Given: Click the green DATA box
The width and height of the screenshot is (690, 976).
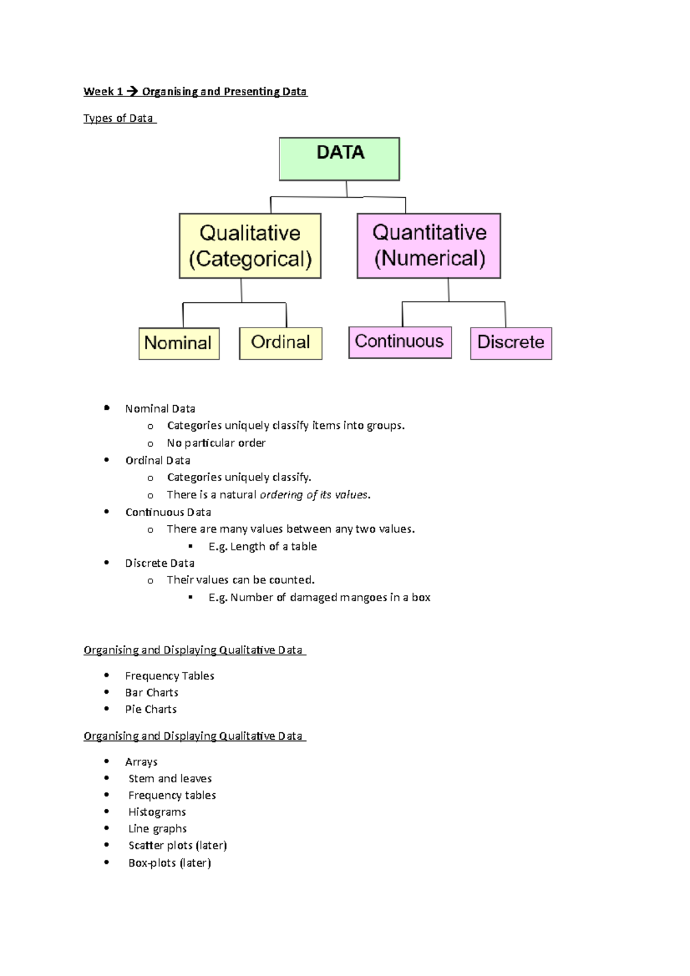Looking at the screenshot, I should (339, 159).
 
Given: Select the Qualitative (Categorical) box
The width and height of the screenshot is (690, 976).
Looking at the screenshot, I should (250, 246).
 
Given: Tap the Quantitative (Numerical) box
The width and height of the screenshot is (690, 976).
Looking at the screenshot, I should (429, 246).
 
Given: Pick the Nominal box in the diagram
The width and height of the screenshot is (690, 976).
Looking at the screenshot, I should (179, 343).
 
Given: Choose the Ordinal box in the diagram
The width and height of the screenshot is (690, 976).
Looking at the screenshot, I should (281, 343).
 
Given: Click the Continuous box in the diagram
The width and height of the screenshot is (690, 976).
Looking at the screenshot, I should (400, 342).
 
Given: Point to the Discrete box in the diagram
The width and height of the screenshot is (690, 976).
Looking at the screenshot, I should (511, 343).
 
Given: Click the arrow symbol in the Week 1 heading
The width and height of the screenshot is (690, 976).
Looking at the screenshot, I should (132, 91).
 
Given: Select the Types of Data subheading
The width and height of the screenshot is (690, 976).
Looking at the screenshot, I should (118, 118).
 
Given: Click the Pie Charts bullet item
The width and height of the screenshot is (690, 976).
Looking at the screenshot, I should (151, 709).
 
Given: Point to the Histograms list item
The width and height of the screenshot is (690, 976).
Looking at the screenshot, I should (157, 812).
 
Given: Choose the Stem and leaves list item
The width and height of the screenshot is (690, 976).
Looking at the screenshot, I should (170, 779).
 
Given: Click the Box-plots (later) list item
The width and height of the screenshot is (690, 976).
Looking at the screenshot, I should (170, 863).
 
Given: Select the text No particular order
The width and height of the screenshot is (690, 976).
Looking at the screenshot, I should (216, 443).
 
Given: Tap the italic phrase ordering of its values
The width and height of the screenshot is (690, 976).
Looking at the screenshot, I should (315, 495).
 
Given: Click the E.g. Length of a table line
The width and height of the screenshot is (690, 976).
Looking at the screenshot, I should (263, 547).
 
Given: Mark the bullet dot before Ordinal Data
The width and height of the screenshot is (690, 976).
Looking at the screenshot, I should (106, 460).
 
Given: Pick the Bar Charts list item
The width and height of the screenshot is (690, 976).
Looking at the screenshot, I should (152, 693).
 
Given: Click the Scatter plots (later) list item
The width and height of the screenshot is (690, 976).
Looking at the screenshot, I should (178, 846).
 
